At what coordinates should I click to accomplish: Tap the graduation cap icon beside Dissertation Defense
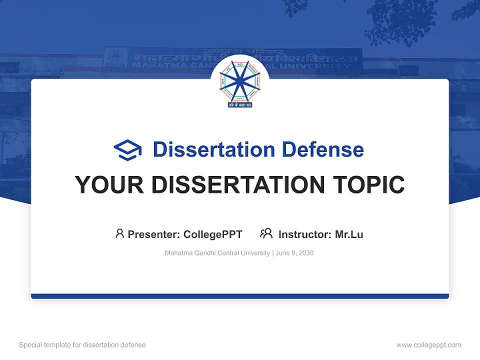point(127,149)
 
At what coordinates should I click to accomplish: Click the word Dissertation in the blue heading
point(213,149)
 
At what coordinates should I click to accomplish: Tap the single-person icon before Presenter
point(119,233)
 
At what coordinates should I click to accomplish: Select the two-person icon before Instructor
point(266,233)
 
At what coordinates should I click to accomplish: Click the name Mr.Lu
point(349,234)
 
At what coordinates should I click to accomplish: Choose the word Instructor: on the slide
point(304,234)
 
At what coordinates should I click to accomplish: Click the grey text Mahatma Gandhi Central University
point(217,253)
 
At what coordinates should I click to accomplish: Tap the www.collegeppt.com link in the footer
point(428,345)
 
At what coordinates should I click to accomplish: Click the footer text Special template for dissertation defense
point(82,345)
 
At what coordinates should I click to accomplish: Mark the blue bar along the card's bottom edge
point(240,296)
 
